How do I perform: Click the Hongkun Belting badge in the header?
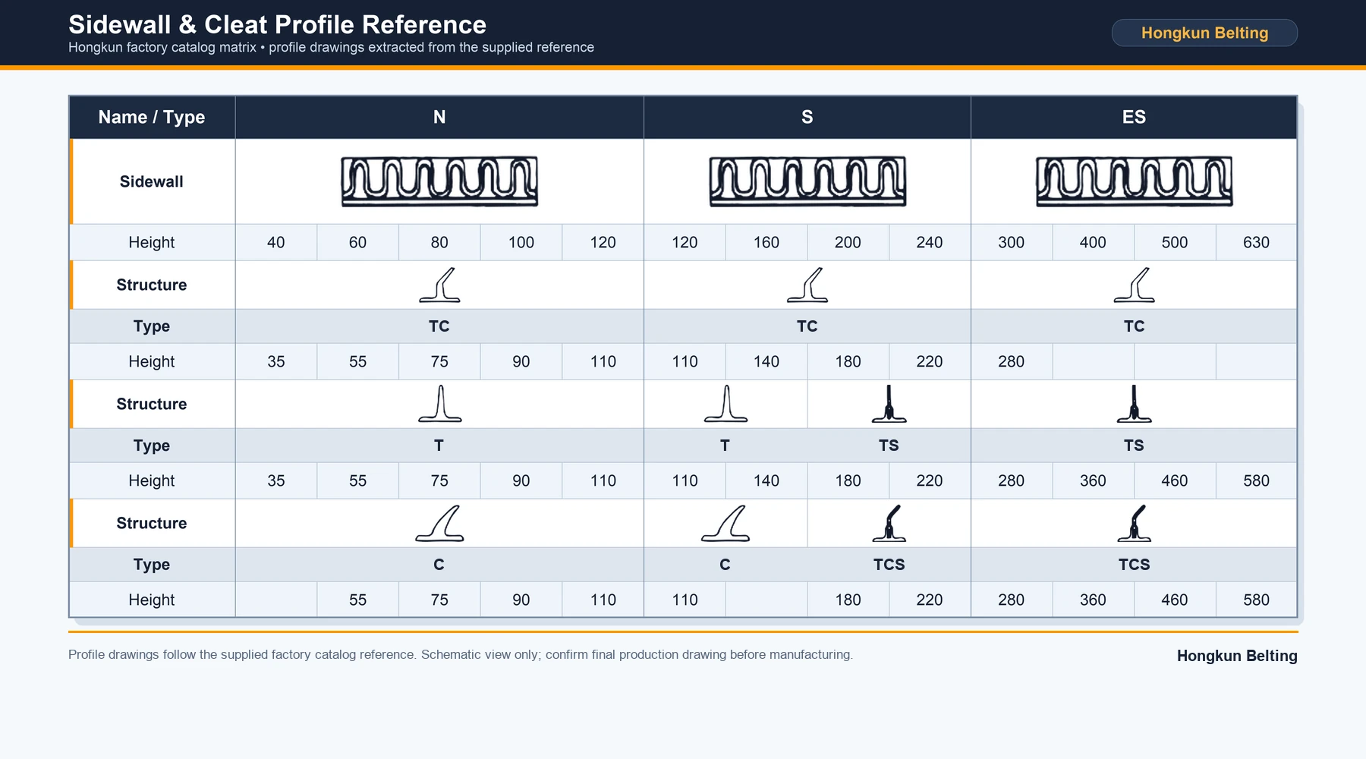click(1204, 33)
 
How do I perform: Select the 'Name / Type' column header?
click(152, 117)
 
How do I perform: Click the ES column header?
click(1134, 117)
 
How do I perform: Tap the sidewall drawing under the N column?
click(439, 181)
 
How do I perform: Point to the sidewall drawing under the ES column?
click(1134, 181)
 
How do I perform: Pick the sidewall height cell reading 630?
click(1256, 242)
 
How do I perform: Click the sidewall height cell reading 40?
click(276, 242)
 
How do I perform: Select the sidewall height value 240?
click(930, 242)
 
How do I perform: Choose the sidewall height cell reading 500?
click(1175, 242)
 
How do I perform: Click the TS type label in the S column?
click(889, 446)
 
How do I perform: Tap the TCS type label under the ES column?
click(1134, 565)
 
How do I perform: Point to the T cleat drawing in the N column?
click(439, 404)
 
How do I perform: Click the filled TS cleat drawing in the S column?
click(889, 404)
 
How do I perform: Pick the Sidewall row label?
click(152, 181)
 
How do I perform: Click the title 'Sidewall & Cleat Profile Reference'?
click(277, 24)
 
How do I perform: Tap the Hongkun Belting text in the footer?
click(1237, 656)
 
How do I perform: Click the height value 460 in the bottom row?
click(1175, 600)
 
